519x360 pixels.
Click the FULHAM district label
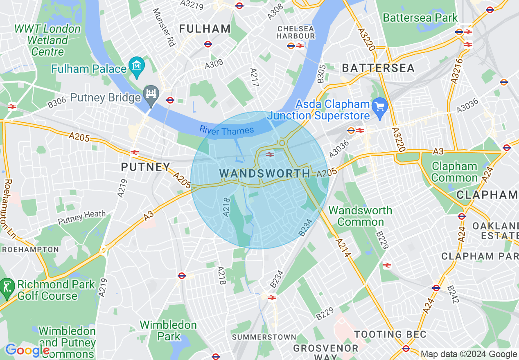pyautogui.click(x=205, y=29)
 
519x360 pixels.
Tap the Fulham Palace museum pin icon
pyautogui.click(x=136, y=65)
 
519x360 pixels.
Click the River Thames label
pyautogui.click(x=226, y=131)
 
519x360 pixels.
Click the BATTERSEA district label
pyautogui.click(x=378, y=68)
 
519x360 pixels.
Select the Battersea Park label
pyautogui.click(x=420, y=18)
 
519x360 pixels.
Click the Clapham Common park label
pyautogui.click(x=454, y=172)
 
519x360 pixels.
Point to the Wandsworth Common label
pyautogui.click(x=360, y=216)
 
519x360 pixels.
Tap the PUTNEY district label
pyautogui.click(x=145, y=167)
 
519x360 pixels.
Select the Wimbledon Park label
pyautogui.click(x=168, y=331)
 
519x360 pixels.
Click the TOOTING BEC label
pyautogui.click(x=390, y=334)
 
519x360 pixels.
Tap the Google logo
pyautogui.click(x=27, y=351)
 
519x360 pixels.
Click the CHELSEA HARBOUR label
pyautogui.click(x=296, y=32)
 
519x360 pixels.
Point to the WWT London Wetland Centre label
pyautogui.click(x=48, y=40)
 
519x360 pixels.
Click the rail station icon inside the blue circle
pyautogui.click(x=270, y=154)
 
